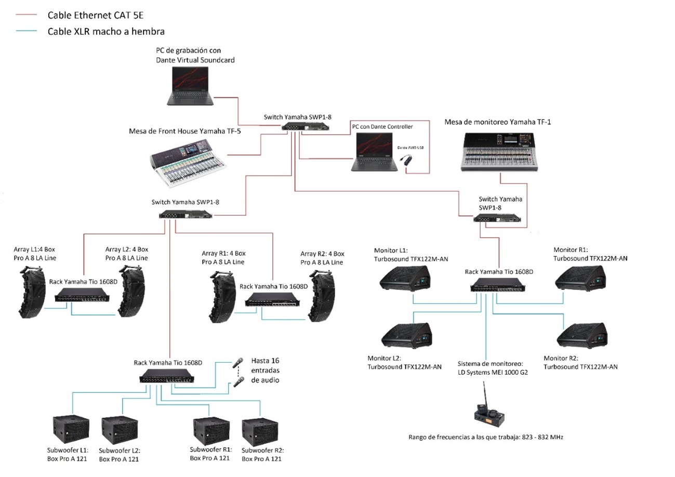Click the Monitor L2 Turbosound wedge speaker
406,335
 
